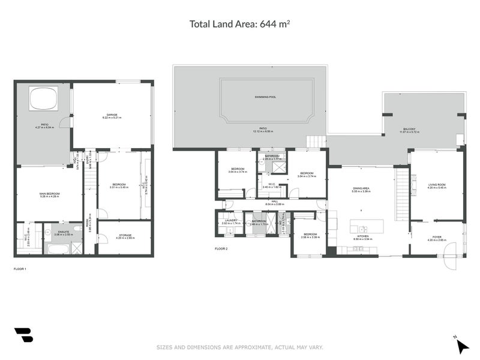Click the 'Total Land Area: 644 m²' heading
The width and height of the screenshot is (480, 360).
[240, 24]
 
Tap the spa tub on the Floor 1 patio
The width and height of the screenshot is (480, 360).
[43, 98]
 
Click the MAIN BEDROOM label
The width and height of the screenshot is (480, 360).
[49, 193]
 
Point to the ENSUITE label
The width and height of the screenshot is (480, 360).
[63, 231]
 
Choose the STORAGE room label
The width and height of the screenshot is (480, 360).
[125, 235]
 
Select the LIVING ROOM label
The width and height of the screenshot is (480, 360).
[437, 185]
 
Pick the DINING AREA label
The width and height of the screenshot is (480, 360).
[361, 188]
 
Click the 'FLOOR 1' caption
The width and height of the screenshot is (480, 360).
[20, 269]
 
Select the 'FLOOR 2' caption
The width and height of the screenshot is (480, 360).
[222, 248]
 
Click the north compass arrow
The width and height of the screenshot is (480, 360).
[461, 346]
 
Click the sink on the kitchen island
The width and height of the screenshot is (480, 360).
[363, 229]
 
